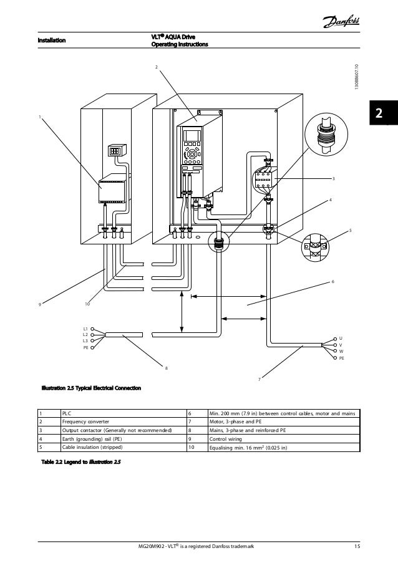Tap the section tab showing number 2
coord(380,115)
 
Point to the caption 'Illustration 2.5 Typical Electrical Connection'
coord(92,389)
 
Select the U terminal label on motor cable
coord(341,338)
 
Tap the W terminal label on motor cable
coord(341,352)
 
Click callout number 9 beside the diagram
coord(39,305)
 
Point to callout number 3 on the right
coord(333,179)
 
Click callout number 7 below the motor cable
coord(259,378)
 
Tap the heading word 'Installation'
coord(51,41)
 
